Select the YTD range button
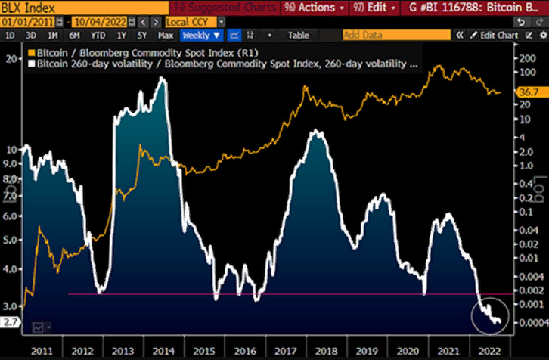pos(98,35)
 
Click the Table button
pos(299,35)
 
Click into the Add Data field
pos(394,35)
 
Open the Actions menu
pos(318,8)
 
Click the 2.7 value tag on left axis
pos(9,322)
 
